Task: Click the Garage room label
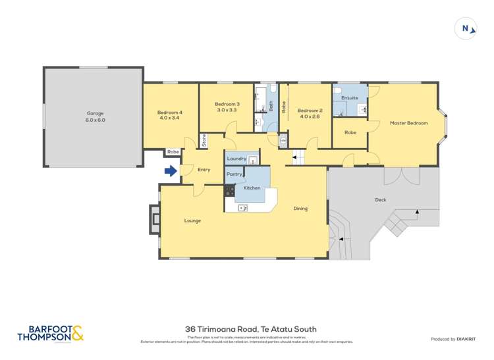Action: click(95, 116)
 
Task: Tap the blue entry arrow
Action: click(171, 171)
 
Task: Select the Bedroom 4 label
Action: click(169, 115)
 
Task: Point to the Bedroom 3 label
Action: click(226, 107)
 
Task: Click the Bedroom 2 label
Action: click(310, 114)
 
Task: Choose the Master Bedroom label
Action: click(408, 123)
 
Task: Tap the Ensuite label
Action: click(349, 97)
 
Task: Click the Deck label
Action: click(380, 199)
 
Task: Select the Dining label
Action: click(300, 209)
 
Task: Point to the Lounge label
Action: click(192, 220)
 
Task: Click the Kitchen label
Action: click(252, 188)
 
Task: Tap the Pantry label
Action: click(234, 174)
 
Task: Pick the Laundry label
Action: click(236, 159)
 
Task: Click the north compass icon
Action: click(466, 28)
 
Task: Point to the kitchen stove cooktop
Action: click(230, 190)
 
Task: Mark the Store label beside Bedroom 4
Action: click(204, 140)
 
